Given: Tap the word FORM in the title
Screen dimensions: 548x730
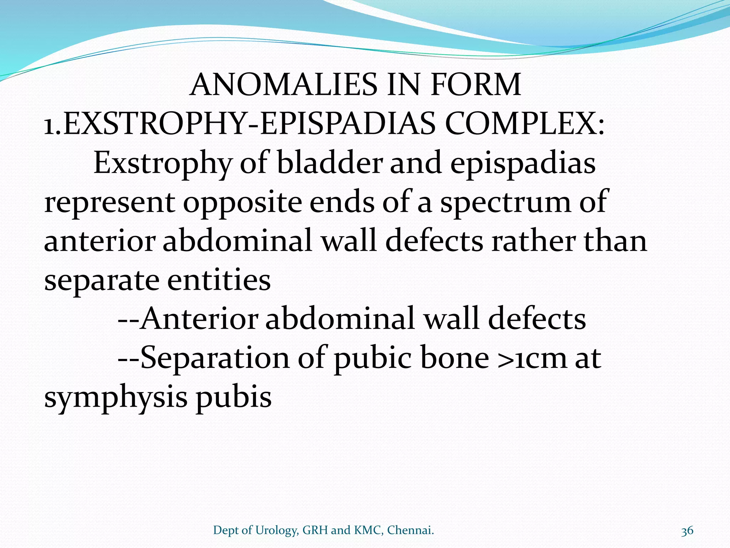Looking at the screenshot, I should click(x=475, y=85).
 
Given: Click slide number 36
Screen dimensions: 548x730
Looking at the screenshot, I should click(x=687, y=531).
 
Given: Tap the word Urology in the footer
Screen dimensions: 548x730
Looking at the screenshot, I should click(x=276, y=531).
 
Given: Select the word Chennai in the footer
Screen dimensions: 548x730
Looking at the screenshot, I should click(x=410, y=531).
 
